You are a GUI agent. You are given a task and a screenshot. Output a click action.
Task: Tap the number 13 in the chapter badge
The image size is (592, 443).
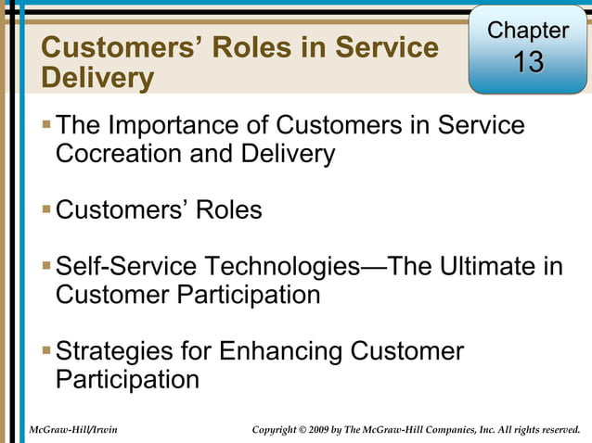point(528,63)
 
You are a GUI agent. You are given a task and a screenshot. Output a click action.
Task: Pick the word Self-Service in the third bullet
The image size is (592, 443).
point(126,268)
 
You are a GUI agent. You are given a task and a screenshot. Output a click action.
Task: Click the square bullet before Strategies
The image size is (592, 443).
point(47,352)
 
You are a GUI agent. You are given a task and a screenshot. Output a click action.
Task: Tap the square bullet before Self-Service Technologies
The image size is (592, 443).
point(47,268)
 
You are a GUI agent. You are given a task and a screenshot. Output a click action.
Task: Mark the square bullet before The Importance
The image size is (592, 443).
point(47,125)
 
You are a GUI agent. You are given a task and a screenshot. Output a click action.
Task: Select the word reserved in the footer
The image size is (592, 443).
point(556,429)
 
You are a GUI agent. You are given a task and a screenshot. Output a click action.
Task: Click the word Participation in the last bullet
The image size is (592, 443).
point(127,380)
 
